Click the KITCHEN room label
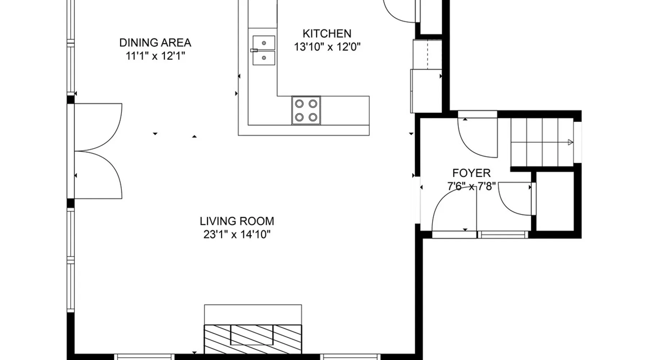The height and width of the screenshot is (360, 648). point(327,33)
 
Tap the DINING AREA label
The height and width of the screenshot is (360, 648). point(155,42)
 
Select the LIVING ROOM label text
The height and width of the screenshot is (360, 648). point(237,221)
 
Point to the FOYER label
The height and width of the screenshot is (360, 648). point(471,173)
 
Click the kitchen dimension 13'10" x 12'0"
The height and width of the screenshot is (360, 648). point(327,47)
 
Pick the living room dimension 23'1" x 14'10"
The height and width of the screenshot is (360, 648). point(237,234)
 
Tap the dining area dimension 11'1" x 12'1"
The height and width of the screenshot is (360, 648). point(155,56)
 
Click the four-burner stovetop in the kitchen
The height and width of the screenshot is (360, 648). point(306,111)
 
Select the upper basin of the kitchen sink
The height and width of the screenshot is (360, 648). point(264,43)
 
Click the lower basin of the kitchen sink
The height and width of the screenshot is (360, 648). point(264,58)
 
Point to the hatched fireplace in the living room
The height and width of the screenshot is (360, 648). point(253,339)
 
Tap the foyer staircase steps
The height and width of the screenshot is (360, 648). point(542,142)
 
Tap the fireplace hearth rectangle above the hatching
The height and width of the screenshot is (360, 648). point(253,315)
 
